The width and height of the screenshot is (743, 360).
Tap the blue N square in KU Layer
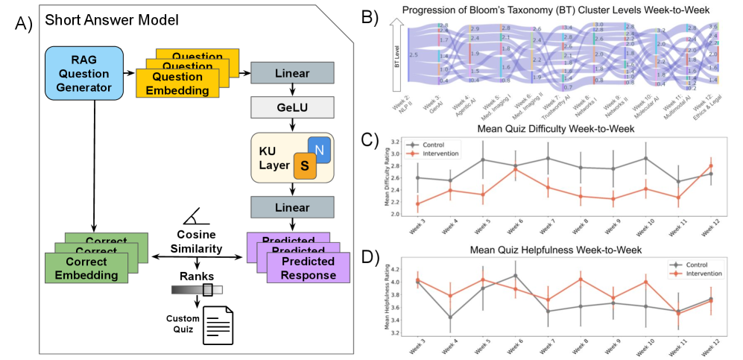coord(320,150)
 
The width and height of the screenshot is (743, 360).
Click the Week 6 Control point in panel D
coord(516,275)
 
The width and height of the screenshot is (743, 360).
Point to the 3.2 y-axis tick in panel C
coord(394,142)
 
